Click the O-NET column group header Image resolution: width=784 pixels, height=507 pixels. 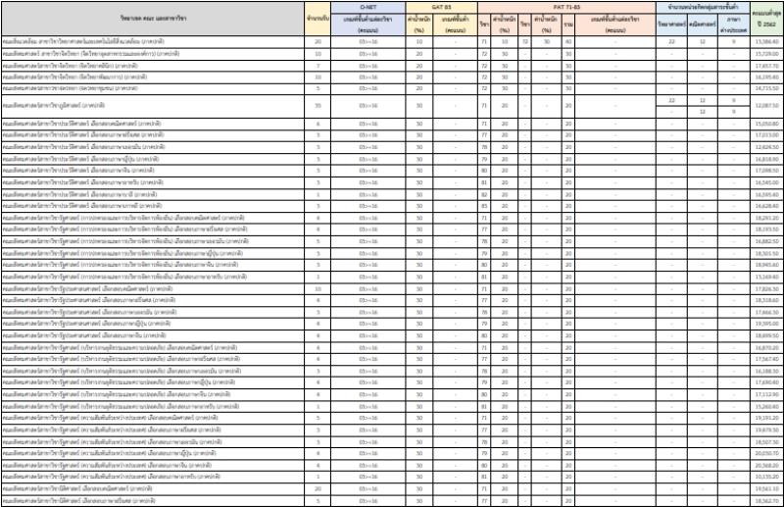coord(368,6)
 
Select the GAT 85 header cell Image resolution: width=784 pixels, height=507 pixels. coord(440,6)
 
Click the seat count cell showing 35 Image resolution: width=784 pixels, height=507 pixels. coord(318,105)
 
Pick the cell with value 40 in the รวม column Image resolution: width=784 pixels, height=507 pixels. coord(568,42)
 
